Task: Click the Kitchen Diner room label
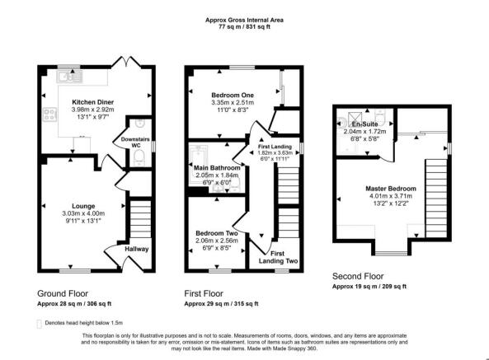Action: point(92,101)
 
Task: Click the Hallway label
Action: point(136,250)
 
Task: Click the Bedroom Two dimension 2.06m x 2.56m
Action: point(216,241)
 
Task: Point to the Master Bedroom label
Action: point(391,189)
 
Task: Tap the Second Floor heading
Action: point(358,277)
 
